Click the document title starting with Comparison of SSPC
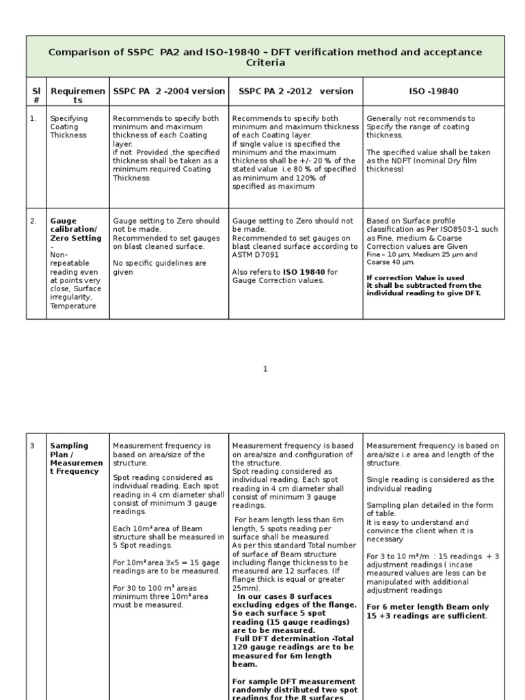coord(265,57)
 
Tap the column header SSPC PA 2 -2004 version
coord(168,91)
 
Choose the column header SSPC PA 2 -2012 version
coord(295,91)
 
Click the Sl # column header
coord(36,95)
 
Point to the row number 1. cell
coord(33,118)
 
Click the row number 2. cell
coord(33,221)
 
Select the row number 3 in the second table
coord(32,446)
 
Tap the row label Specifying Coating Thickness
coord(68,126)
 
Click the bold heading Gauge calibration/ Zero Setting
coord(73,229)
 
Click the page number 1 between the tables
coord(265,369)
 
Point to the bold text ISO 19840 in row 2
coord(309,271)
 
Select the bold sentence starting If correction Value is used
coord(423,286)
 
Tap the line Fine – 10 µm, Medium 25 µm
coord(422,254)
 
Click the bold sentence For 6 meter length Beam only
coord(427,611)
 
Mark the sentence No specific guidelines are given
coord(159,267)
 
